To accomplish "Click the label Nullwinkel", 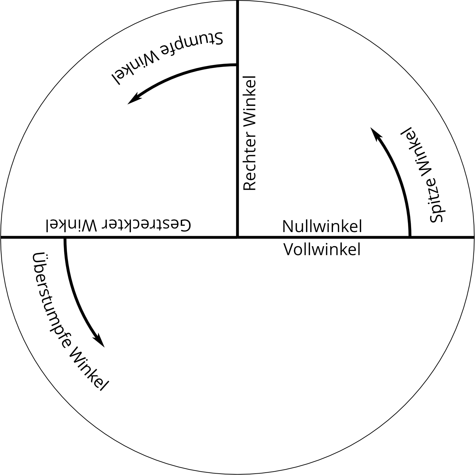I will click(322, 226).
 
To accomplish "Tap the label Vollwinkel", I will click(322, 250).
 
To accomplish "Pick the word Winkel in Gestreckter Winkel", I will click(71, 225).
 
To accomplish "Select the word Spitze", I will click(434, 204).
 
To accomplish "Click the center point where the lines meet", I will click(238, 237).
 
